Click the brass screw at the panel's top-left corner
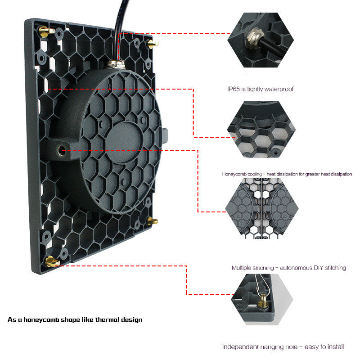(45, 31)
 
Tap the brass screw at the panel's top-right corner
(153, 44)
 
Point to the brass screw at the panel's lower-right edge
(152, 220)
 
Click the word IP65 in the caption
(234, 89)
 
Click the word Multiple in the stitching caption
(242, 268)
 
